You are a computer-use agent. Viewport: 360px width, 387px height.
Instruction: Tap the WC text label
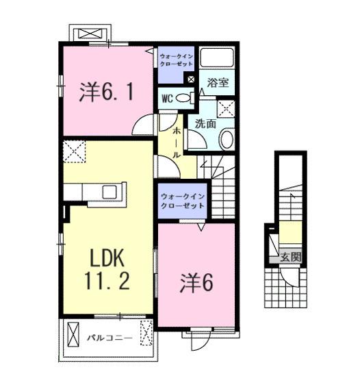click(167, 98)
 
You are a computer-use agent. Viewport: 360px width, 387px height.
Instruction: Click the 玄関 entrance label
click(290, 258)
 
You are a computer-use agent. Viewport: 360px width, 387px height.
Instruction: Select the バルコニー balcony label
click(110, 338)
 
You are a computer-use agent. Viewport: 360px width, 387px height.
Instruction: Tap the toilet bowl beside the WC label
click(183, 98)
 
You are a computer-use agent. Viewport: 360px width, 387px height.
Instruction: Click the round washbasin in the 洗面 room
click(227, 140)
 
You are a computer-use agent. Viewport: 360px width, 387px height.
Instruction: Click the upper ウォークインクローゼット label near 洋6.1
click(177, 58)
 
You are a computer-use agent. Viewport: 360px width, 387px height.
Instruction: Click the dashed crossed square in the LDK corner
click(74, 151)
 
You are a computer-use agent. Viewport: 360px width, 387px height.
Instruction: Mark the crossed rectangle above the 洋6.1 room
click(89, 34)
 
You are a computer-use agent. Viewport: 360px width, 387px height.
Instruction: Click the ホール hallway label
click(177, 141)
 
